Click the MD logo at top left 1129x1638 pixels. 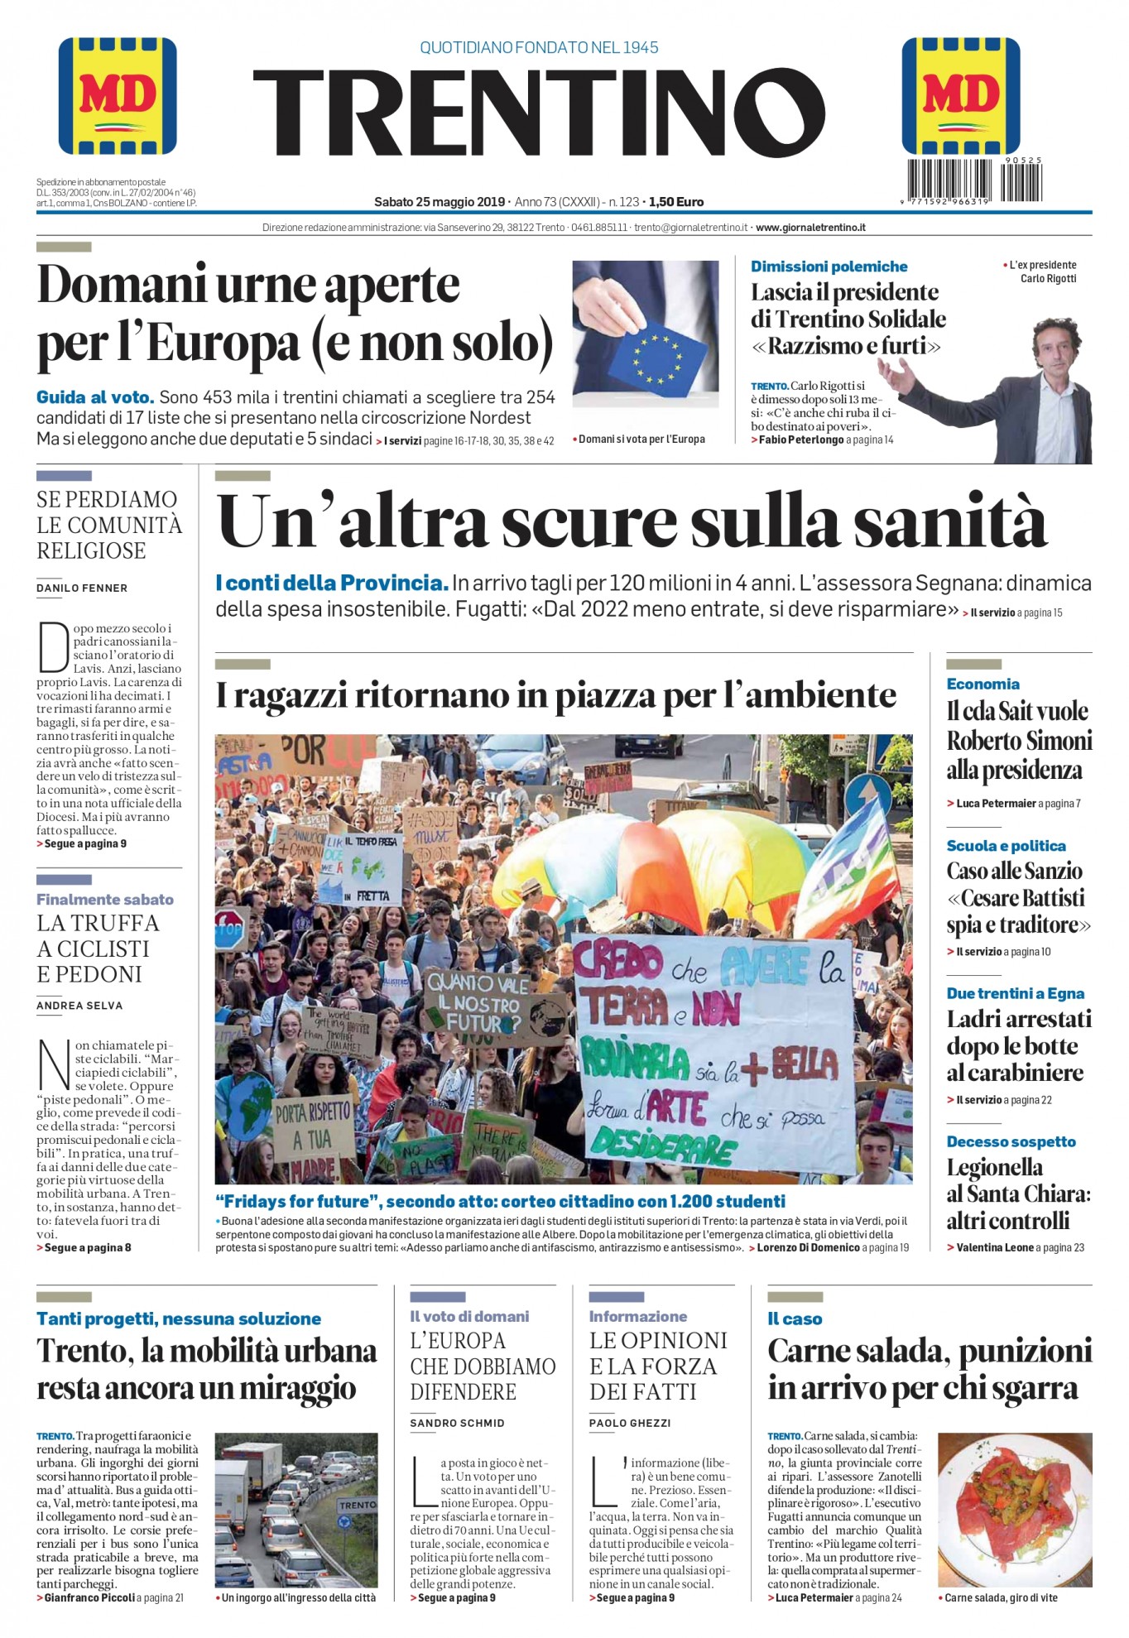[x=118, y=96]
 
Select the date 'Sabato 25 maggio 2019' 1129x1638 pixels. [x=440, y=202]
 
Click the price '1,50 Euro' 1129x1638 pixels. [x=676, y=202]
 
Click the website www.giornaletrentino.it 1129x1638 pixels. [x=810, y=228]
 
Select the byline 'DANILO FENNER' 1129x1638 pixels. [x=82, y=588]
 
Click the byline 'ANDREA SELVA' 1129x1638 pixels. [x=79, y=1006]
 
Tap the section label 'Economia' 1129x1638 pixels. [x=982, y=684]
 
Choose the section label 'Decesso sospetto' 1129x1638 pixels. [x=1011, y=1141]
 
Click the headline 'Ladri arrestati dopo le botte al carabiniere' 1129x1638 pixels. [x=1018, y=1046]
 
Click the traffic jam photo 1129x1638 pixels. [x=295, y=1511]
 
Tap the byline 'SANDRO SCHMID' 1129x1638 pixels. [x=457, y=1424]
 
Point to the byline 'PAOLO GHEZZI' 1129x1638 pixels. [x=630, y=1424]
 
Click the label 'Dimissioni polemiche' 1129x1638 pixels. [x=829, y=267]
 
